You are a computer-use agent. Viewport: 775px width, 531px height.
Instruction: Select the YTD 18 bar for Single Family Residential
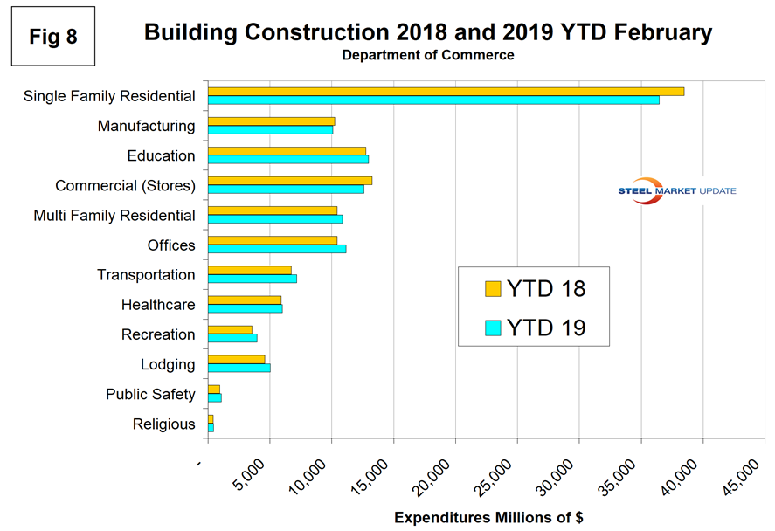pos(446,91)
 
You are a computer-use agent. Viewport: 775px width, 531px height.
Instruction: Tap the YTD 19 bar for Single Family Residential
pos(433,100)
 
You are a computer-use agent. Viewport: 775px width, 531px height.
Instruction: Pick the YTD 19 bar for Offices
pos(277,249)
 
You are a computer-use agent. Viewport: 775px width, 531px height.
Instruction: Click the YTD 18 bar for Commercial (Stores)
pos(290,181)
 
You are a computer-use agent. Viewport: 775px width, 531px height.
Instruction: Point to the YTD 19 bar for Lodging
pos(239,368)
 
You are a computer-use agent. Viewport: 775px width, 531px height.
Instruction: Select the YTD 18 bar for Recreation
pos(230,329)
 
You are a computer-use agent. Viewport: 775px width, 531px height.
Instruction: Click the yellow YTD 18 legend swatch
pos(492,289)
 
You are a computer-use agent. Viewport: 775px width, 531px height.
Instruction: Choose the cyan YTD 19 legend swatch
pos(492,328)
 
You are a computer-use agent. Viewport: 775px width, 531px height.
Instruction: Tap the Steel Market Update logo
pos(676,191)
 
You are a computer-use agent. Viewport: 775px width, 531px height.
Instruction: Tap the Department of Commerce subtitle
pos(428,55)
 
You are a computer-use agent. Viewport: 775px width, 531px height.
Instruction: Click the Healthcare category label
pos(158,305)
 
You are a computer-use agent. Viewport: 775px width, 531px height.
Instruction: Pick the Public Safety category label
pos(150,394)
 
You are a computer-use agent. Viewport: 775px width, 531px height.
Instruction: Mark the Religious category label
pos(164,424)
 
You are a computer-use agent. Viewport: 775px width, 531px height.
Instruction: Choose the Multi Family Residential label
pos(114,215)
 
